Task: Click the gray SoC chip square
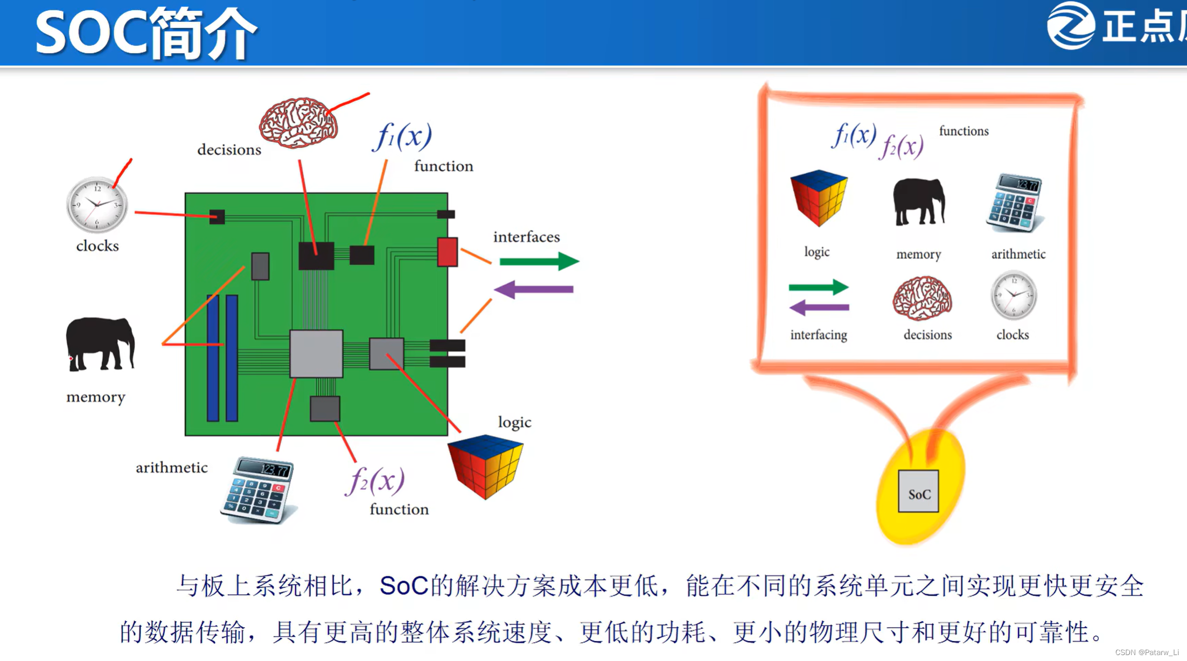point(918,491)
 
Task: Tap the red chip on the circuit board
point(447,252)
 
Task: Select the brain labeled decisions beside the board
point(298,123)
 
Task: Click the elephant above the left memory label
point(100,344)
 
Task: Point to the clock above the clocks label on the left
point(97,205)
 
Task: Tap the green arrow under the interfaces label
point(539,262)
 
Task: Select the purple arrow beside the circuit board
point(533,290)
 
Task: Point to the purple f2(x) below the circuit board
point(375,480)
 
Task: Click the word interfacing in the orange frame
point(818,335)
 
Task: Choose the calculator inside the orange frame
point(1015,203)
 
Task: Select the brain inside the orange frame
point(922,298)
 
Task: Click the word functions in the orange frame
point(963,131)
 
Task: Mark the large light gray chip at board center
point(316,354)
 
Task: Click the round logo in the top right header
point(1070,26)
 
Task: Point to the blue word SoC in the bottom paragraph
point(403,586)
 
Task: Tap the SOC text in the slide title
point(91,33)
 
